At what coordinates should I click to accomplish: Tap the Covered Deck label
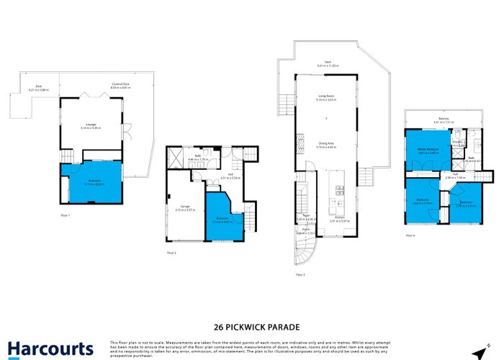click(x=120, y=85)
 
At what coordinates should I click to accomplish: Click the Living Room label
click(x=327, y=97)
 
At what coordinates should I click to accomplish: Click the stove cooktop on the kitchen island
click(x=338, y=190)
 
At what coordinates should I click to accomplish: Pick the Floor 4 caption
click(x=411, y=235)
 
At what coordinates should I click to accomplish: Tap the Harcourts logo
click(x=50, y=348)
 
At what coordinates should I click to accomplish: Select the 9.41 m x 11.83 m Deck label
click(x=327, y=63)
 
